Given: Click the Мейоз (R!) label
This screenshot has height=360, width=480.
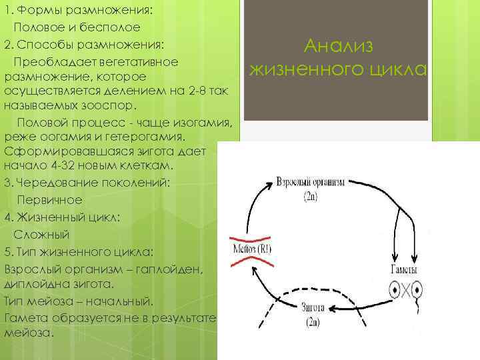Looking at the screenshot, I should (x=252, y=251).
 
